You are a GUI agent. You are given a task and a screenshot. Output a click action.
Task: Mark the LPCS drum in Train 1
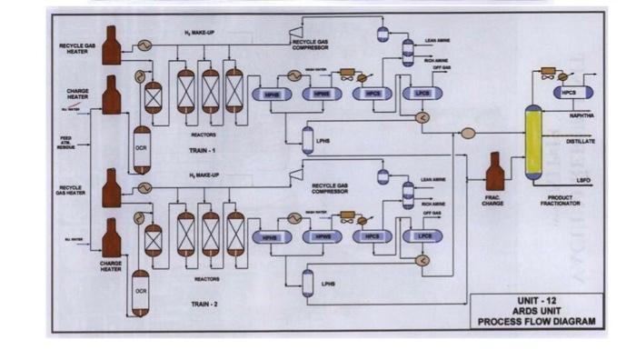tap(422, 94)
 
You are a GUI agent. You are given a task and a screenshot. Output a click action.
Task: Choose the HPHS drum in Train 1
tap(271, 95)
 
